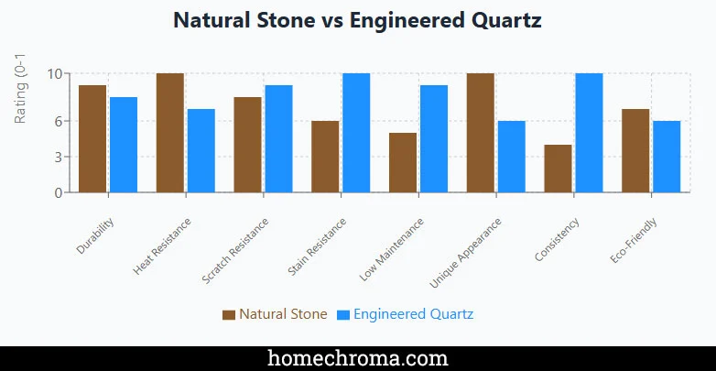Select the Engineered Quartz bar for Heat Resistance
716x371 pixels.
coord(201,151)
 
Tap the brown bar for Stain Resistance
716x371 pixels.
coord(325,157)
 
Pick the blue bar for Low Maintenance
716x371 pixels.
coord(434,139)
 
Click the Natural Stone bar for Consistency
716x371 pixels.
coord(558,169)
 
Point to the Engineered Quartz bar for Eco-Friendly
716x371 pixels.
coord(667,157)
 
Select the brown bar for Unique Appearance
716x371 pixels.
coord(481,133)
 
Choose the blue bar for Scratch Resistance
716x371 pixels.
coord(278,139)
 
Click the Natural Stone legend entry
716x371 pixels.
coord(275,314)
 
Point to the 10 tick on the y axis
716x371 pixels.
coord(55,74)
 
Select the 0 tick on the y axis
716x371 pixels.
coord(59,193)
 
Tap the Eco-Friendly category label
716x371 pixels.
coord(635,241)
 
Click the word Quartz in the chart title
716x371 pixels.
coord(504,20)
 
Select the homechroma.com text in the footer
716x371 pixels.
coord(357,357)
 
